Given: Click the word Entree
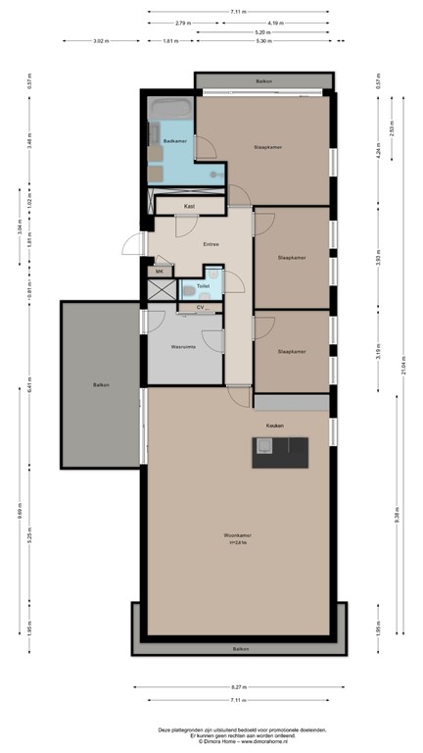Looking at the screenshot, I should (x=210, y=243).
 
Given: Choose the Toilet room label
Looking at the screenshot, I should (x=202, y=286).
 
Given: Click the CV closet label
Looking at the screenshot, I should (x=200, y=308).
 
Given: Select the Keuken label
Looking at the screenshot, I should (x=275, y=425).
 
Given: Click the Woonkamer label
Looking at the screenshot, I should (x=238, y=534).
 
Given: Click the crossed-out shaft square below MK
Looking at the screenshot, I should (x=160, y=290).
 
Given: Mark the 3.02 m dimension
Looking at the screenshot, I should (x=101, y=41).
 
